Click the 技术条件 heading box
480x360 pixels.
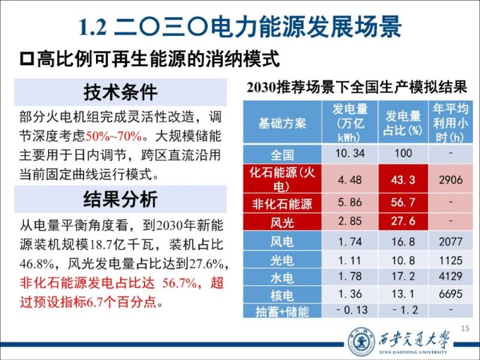[x=121, y=92]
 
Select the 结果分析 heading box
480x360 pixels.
[x=121, y=199]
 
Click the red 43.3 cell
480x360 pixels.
[x=403, y=179]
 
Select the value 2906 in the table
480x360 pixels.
[x=451, y=179]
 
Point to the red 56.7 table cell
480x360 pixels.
[x=403, y=203]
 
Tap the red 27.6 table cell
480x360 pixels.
[x=403, y=221]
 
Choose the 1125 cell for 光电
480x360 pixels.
[x=451, y=260]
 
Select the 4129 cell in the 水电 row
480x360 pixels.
[x=451, y=278]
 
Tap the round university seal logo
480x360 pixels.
[x=361, y=341]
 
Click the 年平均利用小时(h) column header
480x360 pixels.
[x=451, y=124]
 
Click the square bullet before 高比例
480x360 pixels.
[x=26, y=59]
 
